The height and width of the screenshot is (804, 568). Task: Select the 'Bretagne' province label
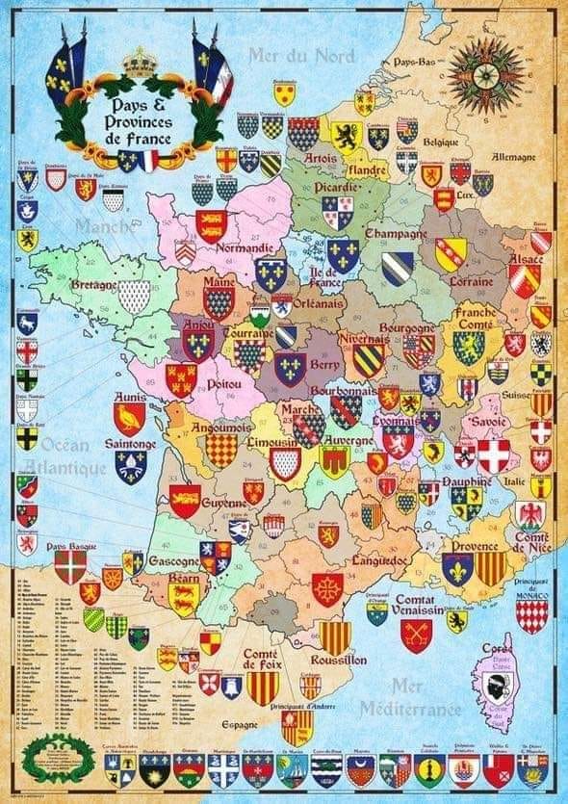94,284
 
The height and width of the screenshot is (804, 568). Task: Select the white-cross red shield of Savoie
495,455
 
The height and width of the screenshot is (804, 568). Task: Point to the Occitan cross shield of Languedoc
326,589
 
